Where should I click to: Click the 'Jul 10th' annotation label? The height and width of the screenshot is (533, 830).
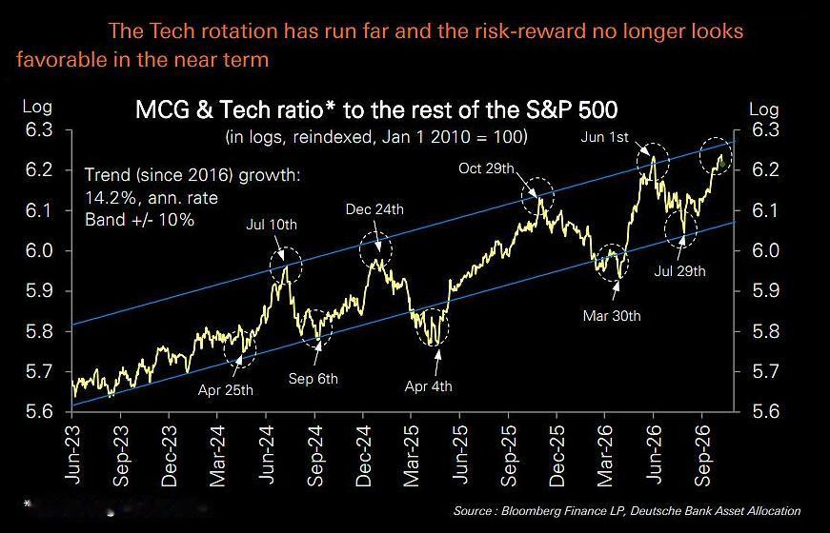point(272,225)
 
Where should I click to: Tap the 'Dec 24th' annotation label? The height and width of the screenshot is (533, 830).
point(375,209)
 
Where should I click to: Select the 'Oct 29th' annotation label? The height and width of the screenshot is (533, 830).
point(486,168)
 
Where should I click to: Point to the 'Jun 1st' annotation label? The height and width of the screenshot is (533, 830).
point(604,137)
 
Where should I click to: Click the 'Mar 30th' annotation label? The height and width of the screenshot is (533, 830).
point(612,316)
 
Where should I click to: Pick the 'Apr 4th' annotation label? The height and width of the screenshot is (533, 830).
point(429,386)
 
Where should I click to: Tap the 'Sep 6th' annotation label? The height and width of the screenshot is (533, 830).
point(314,379)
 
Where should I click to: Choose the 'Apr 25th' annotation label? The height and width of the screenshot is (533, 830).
point(226,391)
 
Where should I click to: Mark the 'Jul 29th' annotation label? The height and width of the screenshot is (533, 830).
point(679,271)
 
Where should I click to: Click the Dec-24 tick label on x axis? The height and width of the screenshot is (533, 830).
point(363,455)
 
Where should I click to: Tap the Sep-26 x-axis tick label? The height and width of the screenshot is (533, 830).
point(702,455)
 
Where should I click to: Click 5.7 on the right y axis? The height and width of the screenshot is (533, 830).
point(764,372)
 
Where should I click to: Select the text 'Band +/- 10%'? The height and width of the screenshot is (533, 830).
point(140,220)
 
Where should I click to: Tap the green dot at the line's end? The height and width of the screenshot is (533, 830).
point(723,164)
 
